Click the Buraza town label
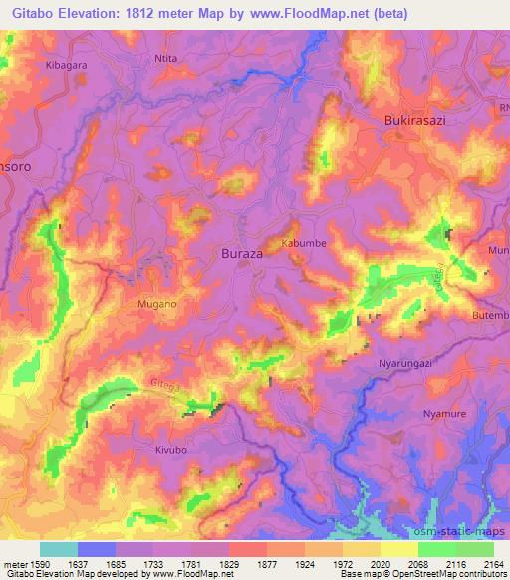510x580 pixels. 240,254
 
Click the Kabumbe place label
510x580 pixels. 304,243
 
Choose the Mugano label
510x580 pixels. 156,302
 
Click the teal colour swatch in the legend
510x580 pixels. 59,549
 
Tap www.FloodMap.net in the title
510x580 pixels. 308,15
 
